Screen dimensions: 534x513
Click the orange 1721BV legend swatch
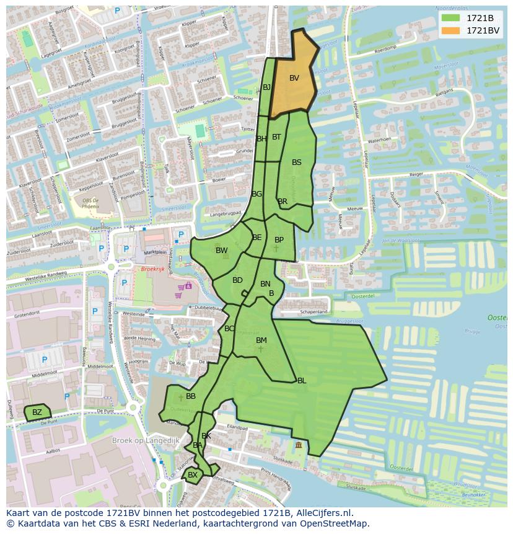click(x=450, y=30)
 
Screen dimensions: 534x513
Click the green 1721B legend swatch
click(x=450, y=18)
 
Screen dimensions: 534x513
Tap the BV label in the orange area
click(x=294, y=78)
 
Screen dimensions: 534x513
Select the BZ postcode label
click(x=37, y=412)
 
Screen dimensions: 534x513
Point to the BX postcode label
click(x=193, y=475)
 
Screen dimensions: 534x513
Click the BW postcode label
click(x=221, y=251)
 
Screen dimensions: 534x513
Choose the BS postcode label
click(x=297, y=162)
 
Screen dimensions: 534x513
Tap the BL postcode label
click(x=302, y=381)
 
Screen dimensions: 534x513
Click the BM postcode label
click(x=261, y=340)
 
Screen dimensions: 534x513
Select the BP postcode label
click(x=279, y=240)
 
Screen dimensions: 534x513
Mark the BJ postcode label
click(x=266, y=87)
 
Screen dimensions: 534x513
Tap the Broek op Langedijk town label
click(x=146, y=440)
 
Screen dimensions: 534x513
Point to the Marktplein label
click(x=155, y=252)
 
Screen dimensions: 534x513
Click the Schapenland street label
click(x=313, y=312)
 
